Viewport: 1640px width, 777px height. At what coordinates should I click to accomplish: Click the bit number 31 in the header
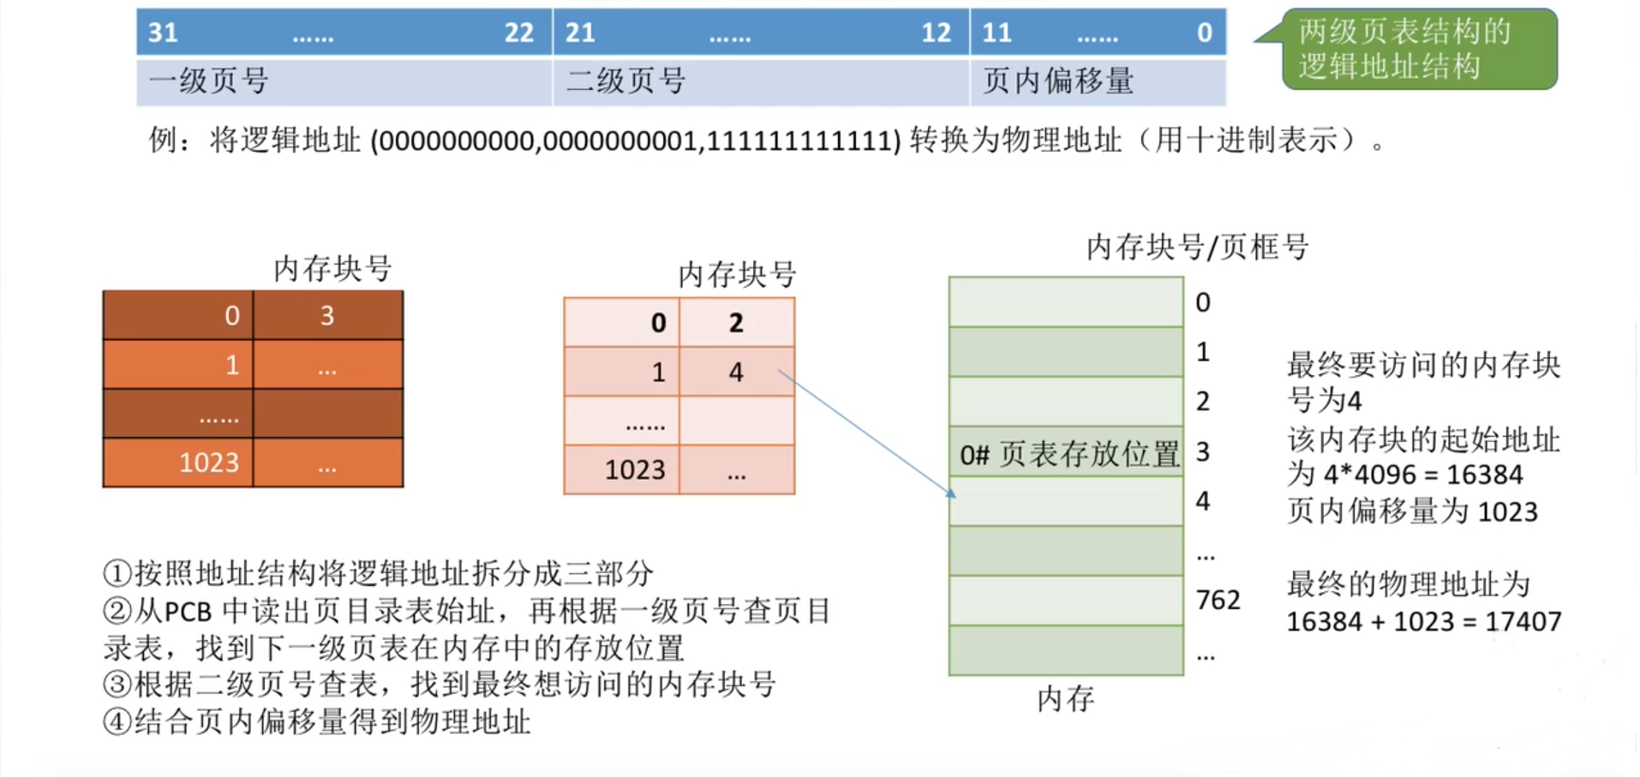click(x=163, y=33)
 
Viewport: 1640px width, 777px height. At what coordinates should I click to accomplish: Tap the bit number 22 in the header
click(x=518, y=33)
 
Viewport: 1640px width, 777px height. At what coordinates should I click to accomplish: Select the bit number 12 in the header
click(x=936, y=33)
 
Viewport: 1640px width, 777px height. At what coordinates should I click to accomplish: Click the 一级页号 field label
click(x=209, y=81)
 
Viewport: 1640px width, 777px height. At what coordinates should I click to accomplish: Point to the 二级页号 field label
click(x=626, y=81)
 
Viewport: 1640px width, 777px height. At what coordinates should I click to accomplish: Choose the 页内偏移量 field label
click(x=1058, y=81)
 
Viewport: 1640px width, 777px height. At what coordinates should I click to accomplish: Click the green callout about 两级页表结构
click(x=1418, y=49)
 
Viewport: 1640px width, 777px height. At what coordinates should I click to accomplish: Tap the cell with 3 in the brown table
click(x=327, y=316)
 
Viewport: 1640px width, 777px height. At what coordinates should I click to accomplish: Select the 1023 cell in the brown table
click(x=209, y=463)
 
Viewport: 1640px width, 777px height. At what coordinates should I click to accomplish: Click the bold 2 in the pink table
click(x=736, y=323)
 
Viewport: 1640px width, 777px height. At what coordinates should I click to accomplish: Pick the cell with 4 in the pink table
click(x=736, y=372)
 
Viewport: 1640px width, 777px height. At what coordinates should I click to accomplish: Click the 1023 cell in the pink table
click(x=635, y=469)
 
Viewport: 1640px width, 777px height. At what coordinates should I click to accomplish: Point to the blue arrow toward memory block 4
click(x=865, y=432)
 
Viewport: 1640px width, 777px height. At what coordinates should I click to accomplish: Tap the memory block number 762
click(x=1218, y=600)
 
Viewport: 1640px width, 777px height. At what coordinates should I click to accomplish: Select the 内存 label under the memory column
click(x=1066, y=699)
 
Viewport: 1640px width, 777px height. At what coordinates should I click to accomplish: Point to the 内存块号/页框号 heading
click(x=1197, y=248)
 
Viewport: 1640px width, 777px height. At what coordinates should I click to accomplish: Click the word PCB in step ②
click(x=187, y=612)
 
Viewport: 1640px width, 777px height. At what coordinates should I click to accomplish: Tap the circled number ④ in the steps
click(x=117, y=721)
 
